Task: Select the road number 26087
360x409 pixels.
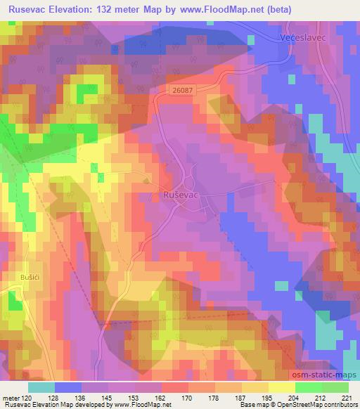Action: pyautogui.click(x=181, y=90)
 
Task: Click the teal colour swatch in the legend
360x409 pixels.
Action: pyautogui.click(x=41, y=387)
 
